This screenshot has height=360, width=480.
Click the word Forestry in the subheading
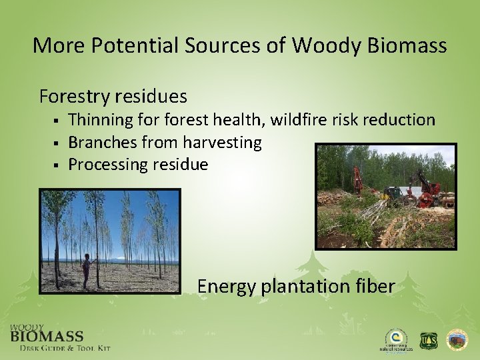(x=73, y=97)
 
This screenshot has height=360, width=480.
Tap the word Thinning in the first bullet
(x=100, y=120)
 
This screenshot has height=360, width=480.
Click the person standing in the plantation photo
(x=86, y=269)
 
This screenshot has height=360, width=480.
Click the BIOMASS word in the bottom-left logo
(x=47, y=337)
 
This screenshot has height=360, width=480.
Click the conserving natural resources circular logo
(x=395, y=339)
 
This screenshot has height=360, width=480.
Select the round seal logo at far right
(x=457, y=340)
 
